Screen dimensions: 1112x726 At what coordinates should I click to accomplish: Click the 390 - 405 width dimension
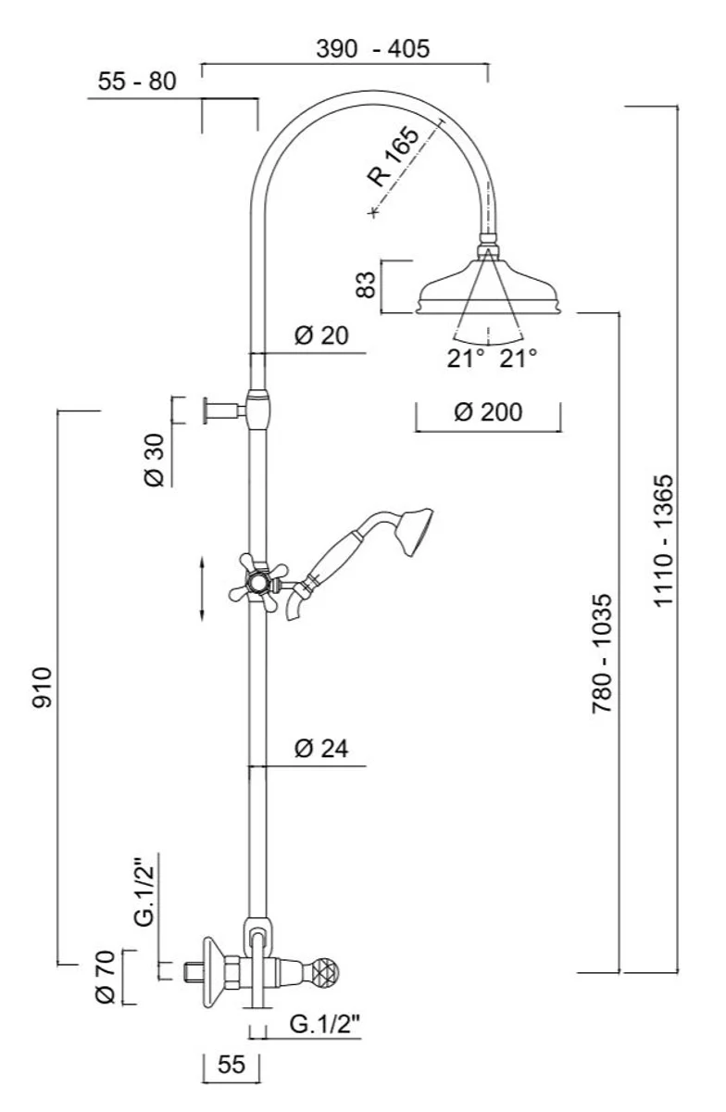[x=372, y=49]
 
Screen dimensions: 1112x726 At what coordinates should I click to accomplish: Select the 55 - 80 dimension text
[x=136, y=82]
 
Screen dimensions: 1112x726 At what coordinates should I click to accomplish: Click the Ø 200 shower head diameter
[x=487, y=411]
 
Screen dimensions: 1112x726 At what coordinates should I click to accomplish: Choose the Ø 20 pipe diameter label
[x=321, y=335]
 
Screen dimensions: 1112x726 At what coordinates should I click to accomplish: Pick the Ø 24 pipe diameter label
[x=321, y=749]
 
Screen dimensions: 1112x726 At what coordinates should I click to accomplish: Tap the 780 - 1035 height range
[x=602, y=653]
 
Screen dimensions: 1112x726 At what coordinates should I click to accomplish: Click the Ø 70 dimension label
[x=105, y=976]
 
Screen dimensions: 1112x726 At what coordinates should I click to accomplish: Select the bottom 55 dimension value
[x=231, y=1065]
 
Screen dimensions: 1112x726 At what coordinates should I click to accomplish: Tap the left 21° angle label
[x=467, y=359]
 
